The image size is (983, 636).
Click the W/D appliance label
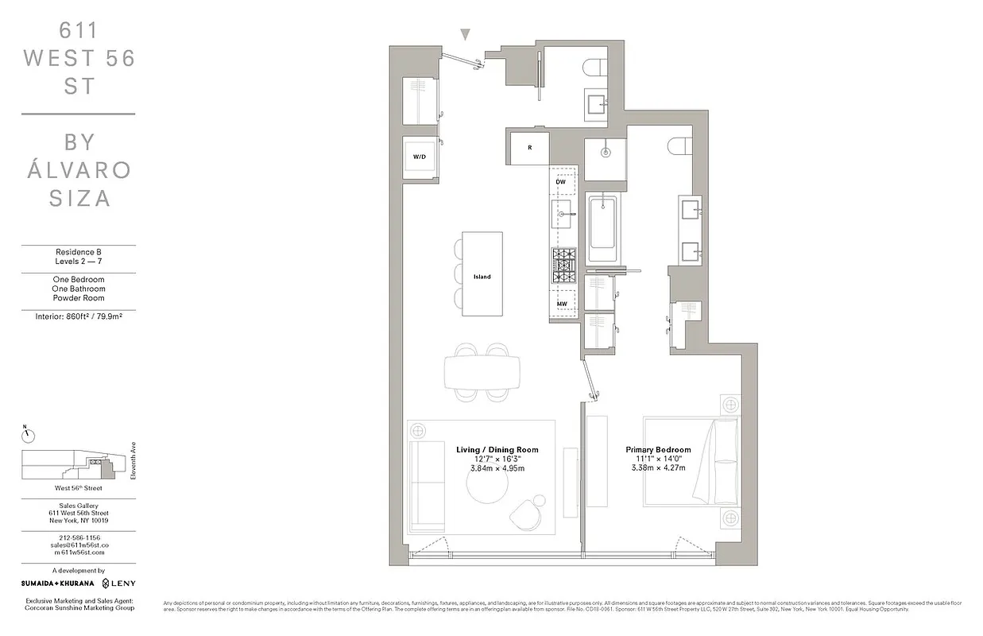point(419,157)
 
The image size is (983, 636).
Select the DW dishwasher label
point(560,182)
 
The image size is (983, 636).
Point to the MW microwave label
point(561,304)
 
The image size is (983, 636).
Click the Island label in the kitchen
point(482,277)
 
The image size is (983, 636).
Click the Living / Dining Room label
point(497,450)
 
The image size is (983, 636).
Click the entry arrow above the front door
point(466,34)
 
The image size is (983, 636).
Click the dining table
point(482,371)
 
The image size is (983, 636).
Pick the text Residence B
point(78,253)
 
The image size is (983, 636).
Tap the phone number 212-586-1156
point(77,537)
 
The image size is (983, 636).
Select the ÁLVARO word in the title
point(78,170)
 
